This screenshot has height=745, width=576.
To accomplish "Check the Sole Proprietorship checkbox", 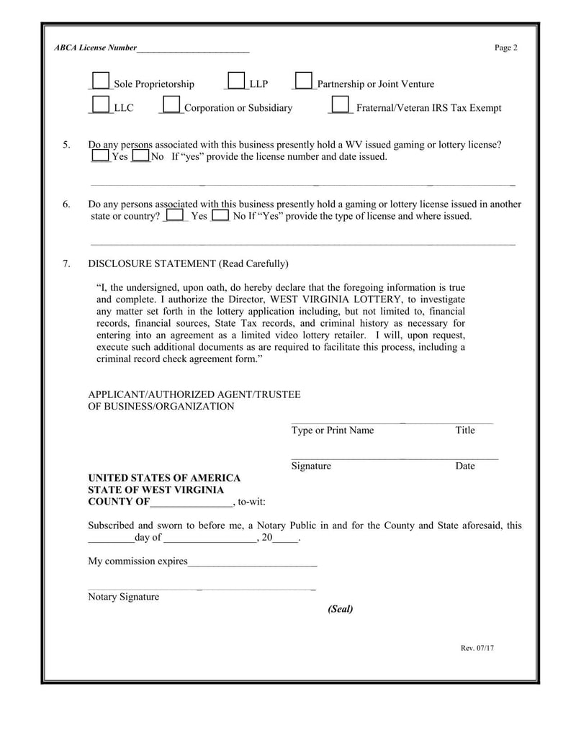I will point(102,81).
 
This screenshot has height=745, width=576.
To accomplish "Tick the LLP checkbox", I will point(236,81).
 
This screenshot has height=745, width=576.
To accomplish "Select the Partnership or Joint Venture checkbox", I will point(304,81).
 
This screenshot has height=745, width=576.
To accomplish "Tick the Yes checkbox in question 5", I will point(101,155).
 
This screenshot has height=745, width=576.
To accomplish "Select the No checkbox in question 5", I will point(140,155).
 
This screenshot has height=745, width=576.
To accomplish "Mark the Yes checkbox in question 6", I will point(174,215).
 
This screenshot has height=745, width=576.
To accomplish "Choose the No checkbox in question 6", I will point(221,215).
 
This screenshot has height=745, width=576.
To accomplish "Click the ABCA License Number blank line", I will point(192,49).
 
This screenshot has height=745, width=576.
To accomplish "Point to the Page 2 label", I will point(505,48).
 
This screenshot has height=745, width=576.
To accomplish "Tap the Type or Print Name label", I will point(333,430).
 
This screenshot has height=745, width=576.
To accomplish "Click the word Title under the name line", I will point(465,430).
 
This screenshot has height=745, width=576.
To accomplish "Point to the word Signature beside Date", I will point(311,466).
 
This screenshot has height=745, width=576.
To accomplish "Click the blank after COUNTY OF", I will point(192,502).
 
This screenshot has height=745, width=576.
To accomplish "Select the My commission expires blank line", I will point(252,561).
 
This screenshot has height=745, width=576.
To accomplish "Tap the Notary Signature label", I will point(123,597).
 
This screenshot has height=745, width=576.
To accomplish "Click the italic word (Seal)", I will point(341,609).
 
